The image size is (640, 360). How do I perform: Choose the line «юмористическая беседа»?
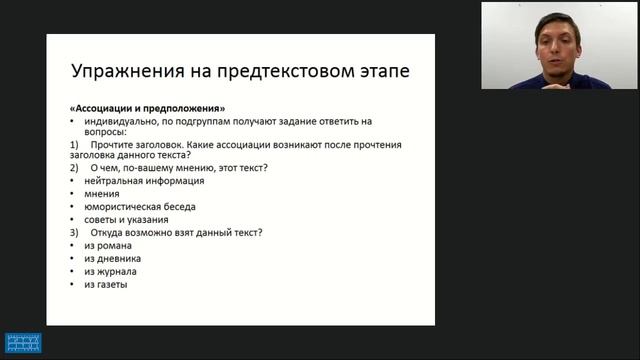140,207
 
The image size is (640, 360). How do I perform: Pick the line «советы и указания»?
126,220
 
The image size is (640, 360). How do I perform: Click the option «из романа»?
108,246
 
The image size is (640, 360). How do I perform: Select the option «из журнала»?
111,272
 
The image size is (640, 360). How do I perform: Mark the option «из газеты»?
106,285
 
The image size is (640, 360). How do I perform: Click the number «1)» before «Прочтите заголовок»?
74,145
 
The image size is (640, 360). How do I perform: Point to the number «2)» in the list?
74,168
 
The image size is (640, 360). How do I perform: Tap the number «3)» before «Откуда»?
74,233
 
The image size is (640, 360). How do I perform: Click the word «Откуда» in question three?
110,233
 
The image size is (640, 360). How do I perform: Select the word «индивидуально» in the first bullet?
120,120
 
